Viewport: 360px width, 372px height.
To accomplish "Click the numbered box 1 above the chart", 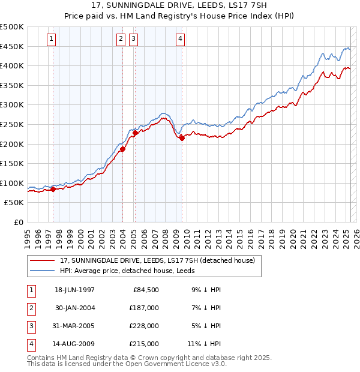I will (x=51, y=40).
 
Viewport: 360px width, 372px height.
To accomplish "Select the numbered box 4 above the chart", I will (x=180, y=40).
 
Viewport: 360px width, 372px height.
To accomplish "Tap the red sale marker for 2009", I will (x=181, y=138).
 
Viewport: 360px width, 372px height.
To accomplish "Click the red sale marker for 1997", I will (x=53, y=189).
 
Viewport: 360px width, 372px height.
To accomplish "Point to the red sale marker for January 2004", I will (x=122, y=149).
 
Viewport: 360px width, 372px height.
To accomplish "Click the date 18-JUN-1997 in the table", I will (x=74, y=290).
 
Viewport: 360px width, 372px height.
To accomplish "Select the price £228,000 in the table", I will (x=144, y=326).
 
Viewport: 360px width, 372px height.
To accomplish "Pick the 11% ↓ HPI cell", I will (x=205, y=344).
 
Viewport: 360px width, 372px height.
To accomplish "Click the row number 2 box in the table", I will (x=31, y=308).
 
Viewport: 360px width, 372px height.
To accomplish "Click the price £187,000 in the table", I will (x=144, y=308).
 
